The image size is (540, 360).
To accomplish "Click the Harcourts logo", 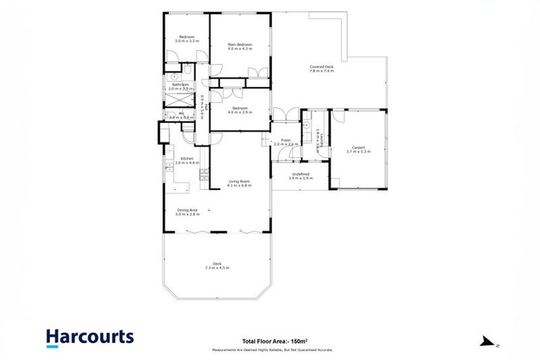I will point(89,337).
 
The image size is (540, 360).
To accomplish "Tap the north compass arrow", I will point(486,342).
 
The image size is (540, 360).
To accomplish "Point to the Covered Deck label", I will point(321,67).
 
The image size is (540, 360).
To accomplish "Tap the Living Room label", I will point(239,182).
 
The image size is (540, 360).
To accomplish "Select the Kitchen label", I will point(187,159).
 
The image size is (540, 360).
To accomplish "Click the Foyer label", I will point(286,140).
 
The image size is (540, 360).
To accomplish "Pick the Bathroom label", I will point(179,85).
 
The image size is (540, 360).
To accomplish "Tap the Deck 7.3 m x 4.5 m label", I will point(217,266).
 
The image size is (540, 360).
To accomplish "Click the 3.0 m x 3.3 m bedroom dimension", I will point(186,41).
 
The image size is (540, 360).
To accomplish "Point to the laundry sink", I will point(307,125).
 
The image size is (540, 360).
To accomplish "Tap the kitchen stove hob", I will point(203,174).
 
